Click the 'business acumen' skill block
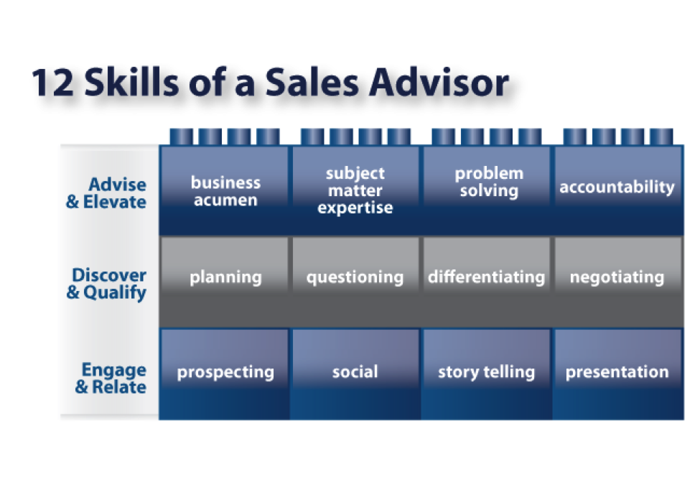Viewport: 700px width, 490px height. click(225, 190)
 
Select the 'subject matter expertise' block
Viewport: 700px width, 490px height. click(355, 190)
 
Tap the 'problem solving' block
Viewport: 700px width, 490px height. click(487, 190)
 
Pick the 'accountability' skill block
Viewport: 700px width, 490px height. click(618, 190)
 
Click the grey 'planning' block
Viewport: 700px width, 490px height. click(225, 282)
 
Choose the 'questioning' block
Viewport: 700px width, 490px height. click(355, 282)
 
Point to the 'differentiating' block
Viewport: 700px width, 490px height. click(487, 282)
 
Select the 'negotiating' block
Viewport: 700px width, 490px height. click(618, 282)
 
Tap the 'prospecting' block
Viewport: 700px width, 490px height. click(225, 374)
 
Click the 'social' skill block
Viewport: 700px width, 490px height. click(355, 374)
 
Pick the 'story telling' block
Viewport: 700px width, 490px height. click(487, 374)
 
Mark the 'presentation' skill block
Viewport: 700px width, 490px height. click(618, 374)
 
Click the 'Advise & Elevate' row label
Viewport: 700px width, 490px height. click(106, 193)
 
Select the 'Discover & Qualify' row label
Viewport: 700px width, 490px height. click(106, 284)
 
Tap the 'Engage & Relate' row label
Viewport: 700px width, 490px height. click(111, 378)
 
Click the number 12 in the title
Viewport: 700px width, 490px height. click(52, 83)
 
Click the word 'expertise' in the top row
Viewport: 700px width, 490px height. click(355, 208)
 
